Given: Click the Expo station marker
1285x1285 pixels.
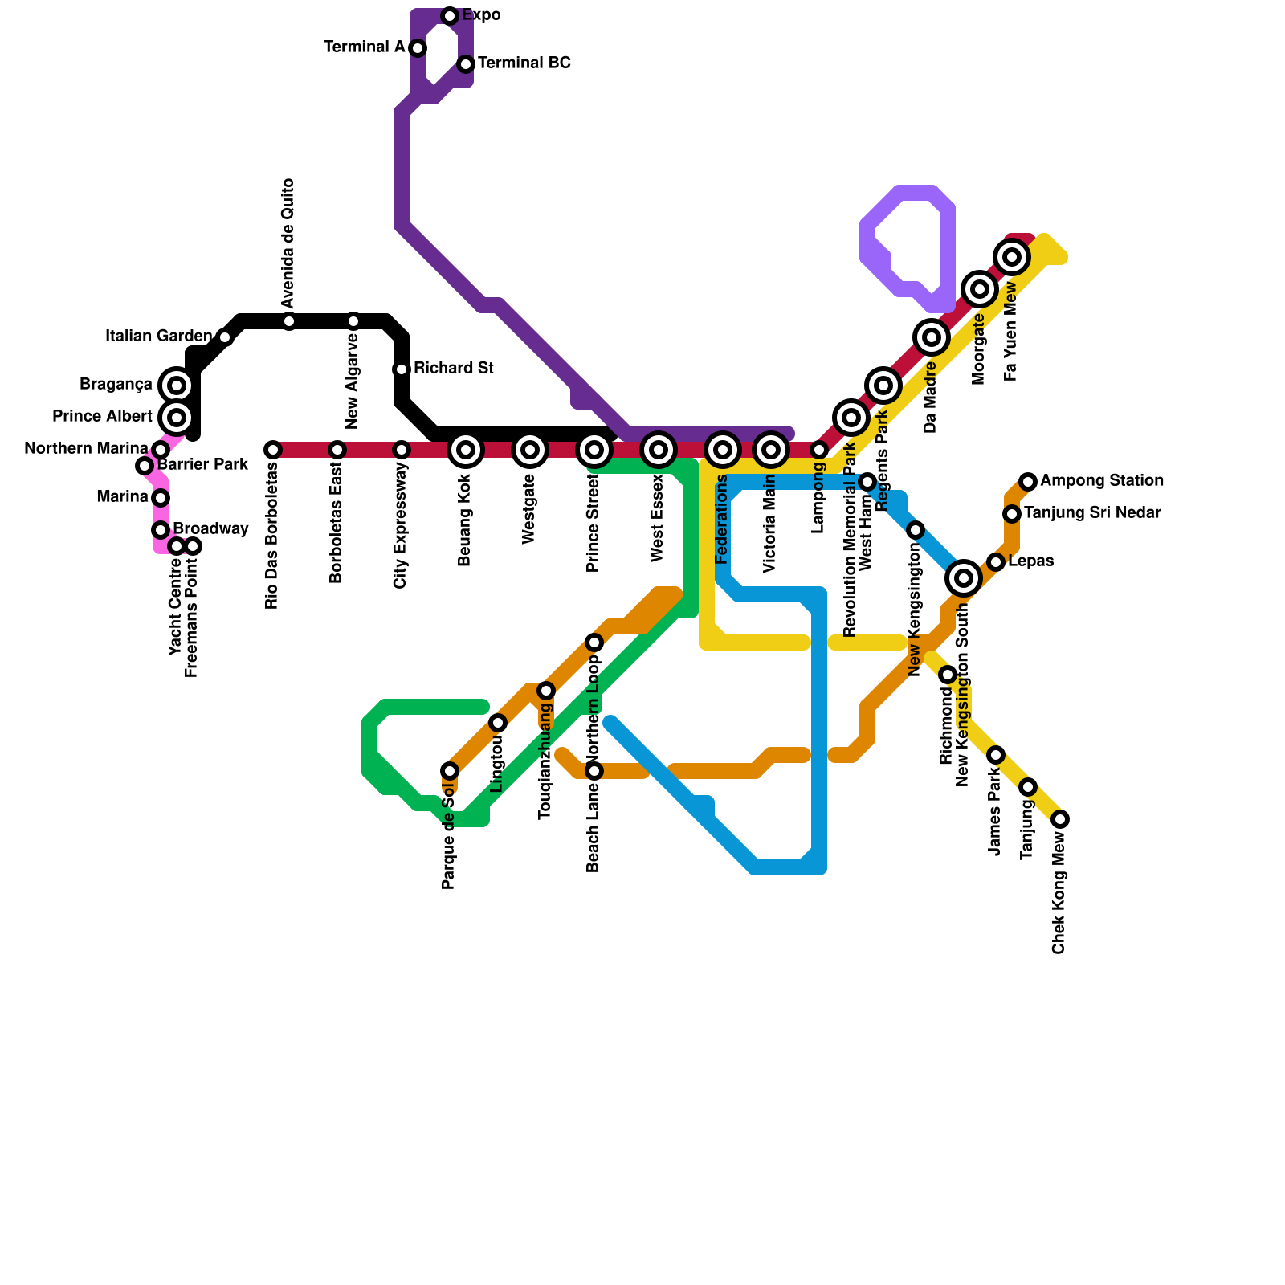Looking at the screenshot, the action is point(450,16).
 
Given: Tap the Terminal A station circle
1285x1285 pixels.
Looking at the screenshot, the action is point(418,48).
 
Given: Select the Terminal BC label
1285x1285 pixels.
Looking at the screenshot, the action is point(524,63).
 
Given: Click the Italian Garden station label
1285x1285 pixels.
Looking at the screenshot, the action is point(158,337).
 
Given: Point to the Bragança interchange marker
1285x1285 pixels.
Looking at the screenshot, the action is point(177,385).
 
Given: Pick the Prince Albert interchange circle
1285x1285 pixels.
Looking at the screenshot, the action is point(177,418).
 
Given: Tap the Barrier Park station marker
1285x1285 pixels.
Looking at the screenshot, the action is point(145,466).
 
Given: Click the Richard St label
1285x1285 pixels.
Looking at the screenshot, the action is point(453,369).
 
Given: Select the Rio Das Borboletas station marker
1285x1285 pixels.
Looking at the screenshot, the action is point(273,450).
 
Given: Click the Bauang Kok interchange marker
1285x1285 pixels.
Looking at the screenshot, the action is point(466,450).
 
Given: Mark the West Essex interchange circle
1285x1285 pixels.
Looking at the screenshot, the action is point(659,450).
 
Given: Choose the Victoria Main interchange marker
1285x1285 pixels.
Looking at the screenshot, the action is point(771,450).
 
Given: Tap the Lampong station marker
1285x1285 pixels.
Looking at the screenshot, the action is point(819,450).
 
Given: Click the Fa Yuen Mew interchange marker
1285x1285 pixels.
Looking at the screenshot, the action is point(1013,257).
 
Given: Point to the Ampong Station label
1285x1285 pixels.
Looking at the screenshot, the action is point(1101,481).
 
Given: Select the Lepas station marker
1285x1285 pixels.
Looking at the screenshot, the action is point(996,562).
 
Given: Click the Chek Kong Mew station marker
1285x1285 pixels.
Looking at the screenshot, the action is point(1060,819).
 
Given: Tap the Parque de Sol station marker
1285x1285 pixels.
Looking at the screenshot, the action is point(450,771).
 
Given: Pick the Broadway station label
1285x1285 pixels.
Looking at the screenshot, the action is point(210,529).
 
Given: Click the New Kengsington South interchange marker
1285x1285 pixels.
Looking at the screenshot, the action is point(964,578).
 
